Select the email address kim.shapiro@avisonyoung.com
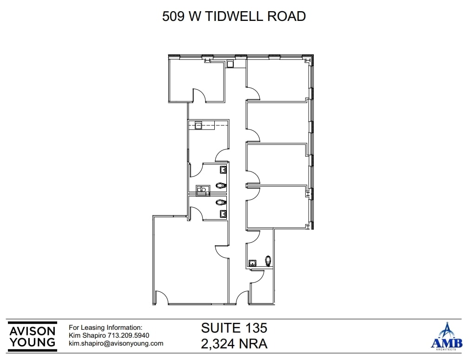(116, 343)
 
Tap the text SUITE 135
(234, 328)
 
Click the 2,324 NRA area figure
(234, 344)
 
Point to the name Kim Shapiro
(87, 335)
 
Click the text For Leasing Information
(106, 327)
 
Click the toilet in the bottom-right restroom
(268, 260)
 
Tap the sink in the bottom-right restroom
(253, 263)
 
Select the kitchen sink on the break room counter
(198, 125)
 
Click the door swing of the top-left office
(199, 95)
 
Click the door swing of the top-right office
(253, 94)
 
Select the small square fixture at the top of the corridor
(230, 64)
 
